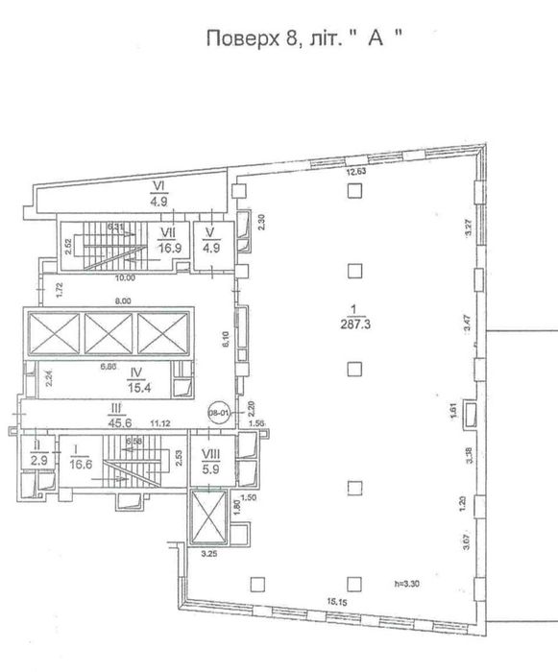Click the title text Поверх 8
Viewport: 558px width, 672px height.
252,39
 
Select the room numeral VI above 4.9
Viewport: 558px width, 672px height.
160,188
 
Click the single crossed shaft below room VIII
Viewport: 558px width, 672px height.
208,517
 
